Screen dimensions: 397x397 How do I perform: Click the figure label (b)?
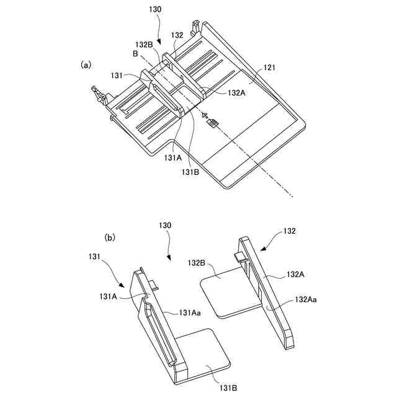[110, 238]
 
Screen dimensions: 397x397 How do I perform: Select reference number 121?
[270, 68]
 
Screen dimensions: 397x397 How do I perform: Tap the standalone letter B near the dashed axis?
[135, 55]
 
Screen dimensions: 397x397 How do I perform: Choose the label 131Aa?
[190, 313]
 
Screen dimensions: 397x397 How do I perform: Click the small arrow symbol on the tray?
[212, 122]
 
